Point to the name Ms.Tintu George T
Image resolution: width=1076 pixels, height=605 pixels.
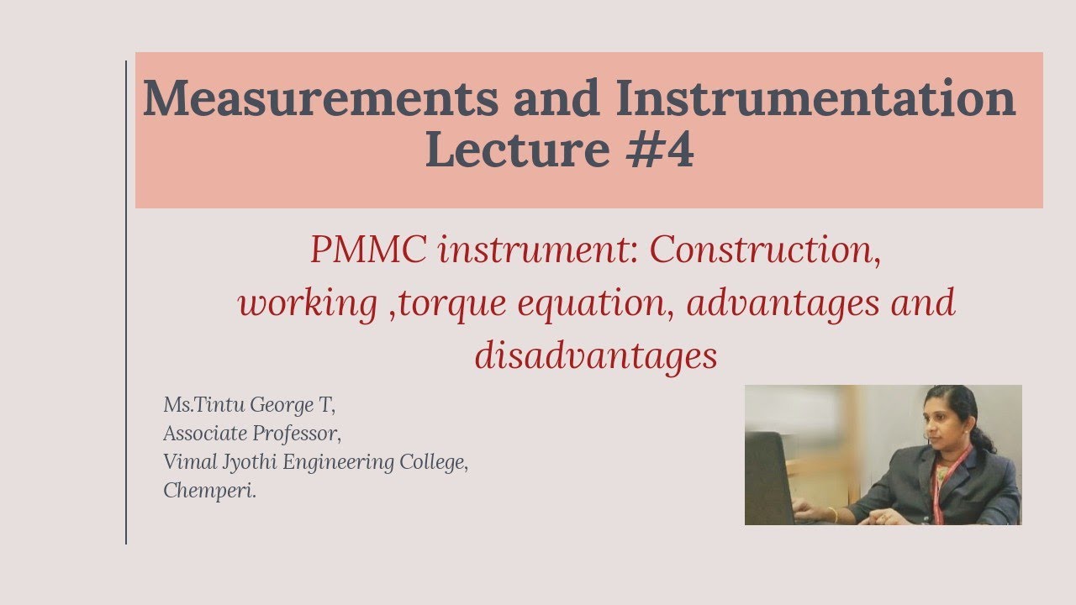[250, 405]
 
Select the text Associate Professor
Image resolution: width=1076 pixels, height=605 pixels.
[252, 434]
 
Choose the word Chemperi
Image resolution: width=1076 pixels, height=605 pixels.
[209, 491]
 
